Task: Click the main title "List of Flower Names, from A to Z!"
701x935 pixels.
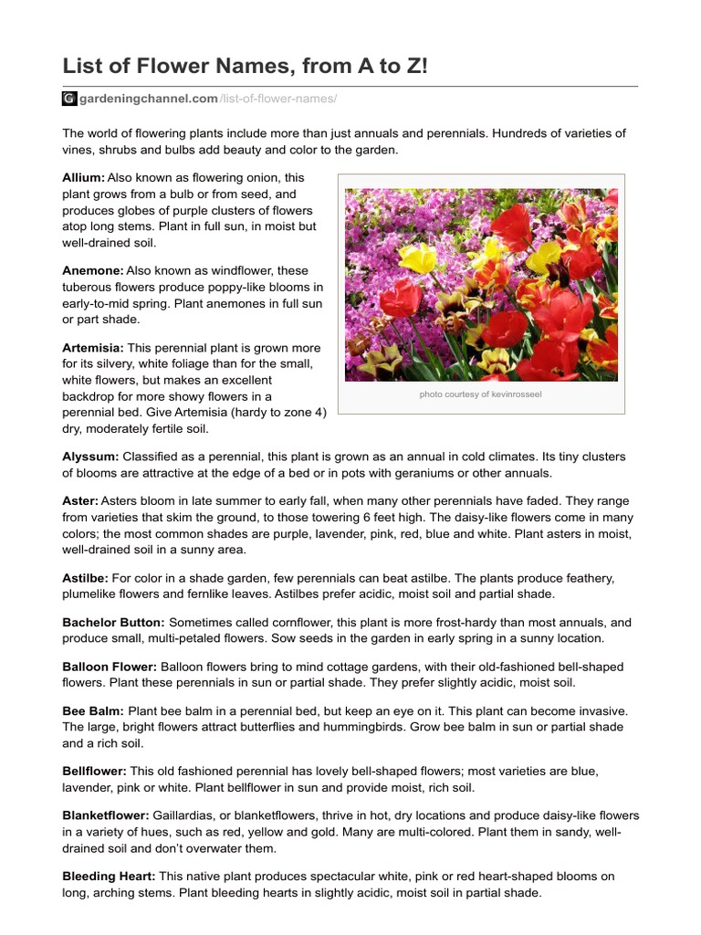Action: (x=244, y=66)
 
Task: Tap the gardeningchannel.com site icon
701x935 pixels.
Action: (x=68, y=99)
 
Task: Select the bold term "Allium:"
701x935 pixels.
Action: (x=83, y=178)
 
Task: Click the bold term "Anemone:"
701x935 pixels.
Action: (x=92, y=271)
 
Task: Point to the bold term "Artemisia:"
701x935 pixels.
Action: (x=93, y=348)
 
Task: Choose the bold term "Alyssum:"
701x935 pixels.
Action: (x=90, y=456)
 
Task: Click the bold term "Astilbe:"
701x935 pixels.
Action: (x=85, y=578)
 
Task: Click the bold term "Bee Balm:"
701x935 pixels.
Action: (x=93, y=711)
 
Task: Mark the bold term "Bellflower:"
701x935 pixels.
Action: (x=95, y=772)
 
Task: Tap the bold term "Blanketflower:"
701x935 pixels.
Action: (x=105, y=815)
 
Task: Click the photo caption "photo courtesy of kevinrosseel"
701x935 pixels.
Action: (x=481, y=395)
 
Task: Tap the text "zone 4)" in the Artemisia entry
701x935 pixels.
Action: (x=305, y=413)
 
